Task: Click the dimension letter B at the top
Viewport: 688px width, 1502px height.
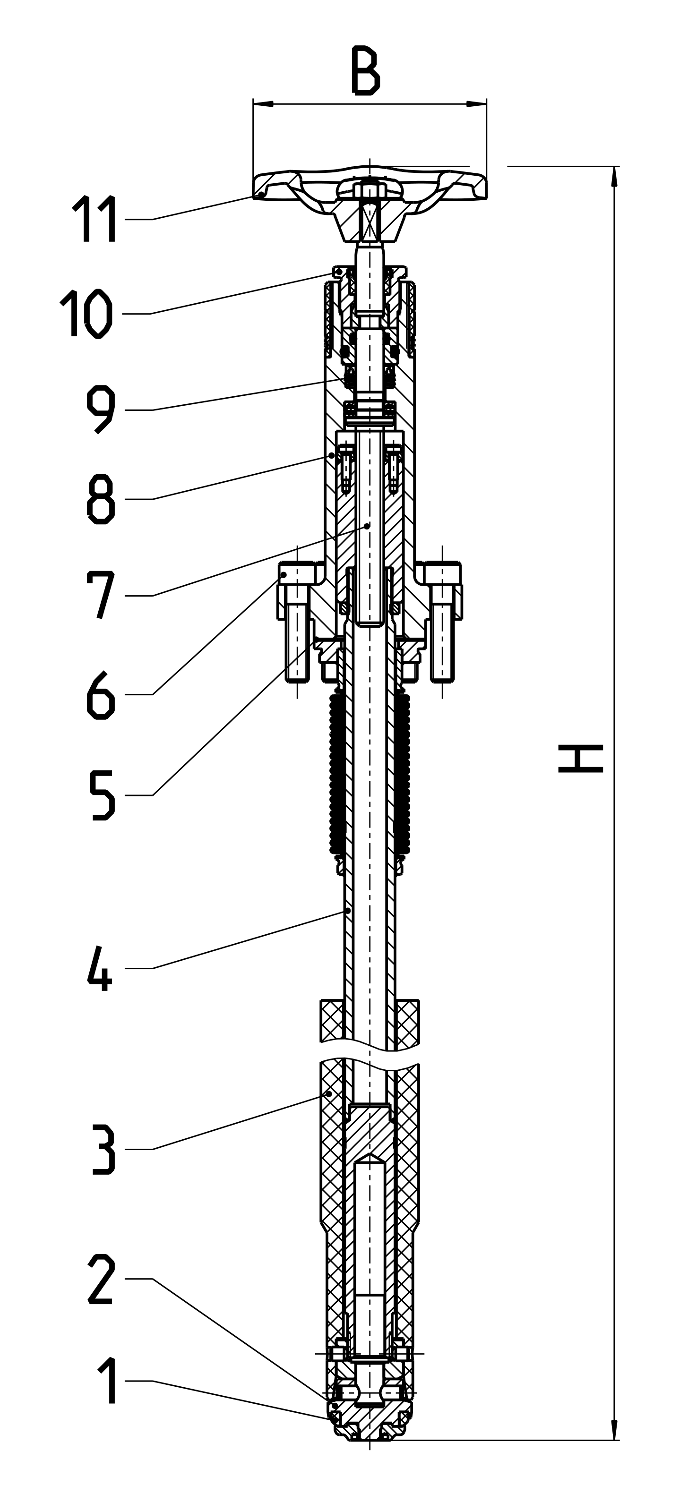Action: pos(366,72)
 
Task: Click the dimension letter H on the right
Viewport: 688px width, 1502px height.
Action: pos(580,758)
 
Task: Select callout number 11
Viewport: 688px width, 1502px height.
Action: pos(95,219)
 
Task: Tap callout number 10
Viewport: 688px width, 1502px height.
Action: pos(86,313)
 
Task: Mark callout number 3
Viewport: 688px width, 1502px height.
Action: pos(103,1149)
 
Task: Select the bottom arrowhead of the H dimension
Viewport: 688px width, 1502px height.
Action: pos(614,1430)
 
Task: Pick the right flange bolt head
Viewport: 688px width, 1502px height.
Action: pos(442,573)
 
